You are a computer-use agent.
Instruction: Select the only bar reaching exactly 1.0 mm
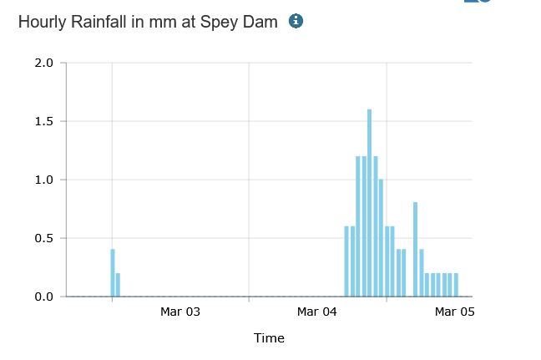[x=381, y=238]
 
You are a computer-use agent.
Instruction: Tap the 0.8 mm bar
[x=415, y=250]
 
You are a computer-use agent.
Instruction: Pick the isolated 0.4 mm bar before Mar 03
[x=113, y=273]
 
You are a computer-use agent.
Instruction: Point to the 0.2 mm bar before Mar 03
[x=119, y=285]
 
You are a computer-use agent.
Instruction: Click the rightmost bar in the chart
[x=456, y=285]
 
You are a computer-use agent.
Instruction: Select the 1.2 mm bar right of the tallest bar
[x=375, y=226]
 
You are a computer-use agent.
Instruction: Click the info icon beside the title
[x=295, y=21]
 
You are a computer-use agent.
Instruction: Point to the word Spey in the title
[x=216, y=23]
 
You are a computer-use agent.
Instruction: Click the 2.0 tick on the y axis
[x=44, y=63]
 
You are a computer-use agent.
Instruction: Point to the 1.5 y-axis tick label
[x=44, y=121]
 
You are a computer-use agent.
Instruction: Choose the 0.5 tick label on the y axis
[x=44, y=238]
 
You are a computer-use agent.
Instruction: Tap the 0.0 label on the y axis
[x=44, y=297]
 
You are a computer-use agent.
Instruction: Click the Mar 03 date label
[x=180, y=312]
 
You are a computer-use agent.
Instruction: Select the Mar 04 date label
[x=317, y=312]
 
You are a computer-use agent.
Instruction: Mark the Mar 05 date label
[x=454, y=312]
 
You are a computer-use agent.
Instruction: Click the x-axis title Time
[x=269, y=338]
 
